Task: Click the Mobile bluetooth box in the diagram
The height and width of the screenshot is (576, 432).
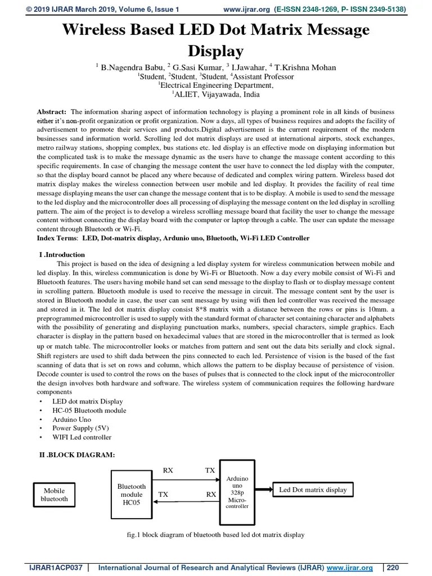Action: point(55,494)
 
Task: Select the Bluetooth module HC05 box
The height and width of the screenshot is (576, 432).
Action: point(131,494)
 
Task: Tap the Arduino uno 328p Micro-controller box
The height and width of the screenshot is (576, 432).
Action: point(237,492)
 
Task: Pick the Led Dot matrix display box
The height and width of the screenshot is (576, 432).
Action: point(313,490)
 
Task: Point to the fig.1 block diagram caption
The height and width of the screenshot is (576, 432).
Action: point(215,534)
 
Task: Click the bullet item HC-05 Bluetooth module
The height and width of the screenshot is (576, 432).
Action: point(89,411)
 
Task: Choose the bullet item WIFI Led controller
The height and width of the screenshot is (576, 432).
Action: point(82,437)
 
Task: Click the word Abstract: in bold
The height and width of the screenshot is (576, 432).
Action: point(52,112)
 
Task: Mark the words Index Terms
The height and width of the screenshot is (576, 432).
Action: point(57,238)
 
